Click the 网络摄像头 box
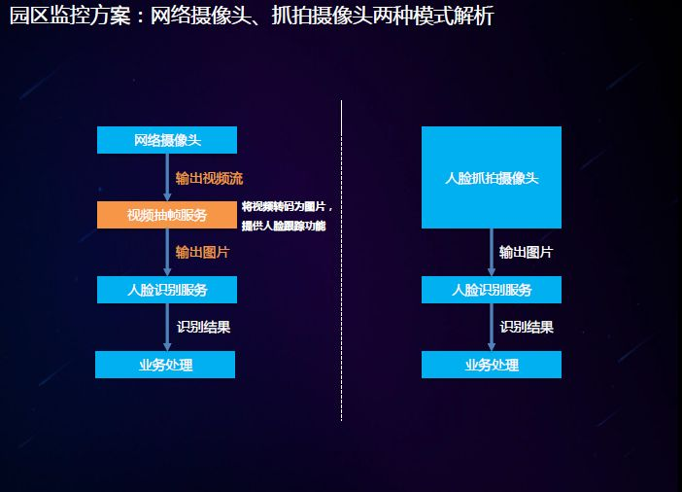tap(166, 140)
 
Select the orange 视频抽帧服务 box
tap(166, 215)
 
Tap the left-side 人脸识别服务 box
tap(166, 290)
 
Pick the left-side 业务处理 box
tap(165, 365)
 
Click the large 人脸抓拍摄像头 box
tap(492, 178)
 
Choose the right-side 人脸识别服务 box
tap(492, 290)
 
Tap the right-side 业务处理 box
tap(492, 365)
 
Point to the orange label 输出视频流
tap(209, 179)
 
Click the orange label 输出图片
tap(202, 253)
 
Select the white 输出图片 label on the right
tap(526, 253)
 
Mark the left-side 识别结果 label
tap(203, 328)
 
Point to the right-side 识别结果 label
tap(527, 328)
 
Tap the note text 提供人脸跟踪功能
tap(284, 226)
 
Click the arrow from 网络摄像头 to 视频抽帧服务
tap(167, 177)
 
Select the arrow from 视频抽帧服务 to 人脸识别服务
tap(167, 252)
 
